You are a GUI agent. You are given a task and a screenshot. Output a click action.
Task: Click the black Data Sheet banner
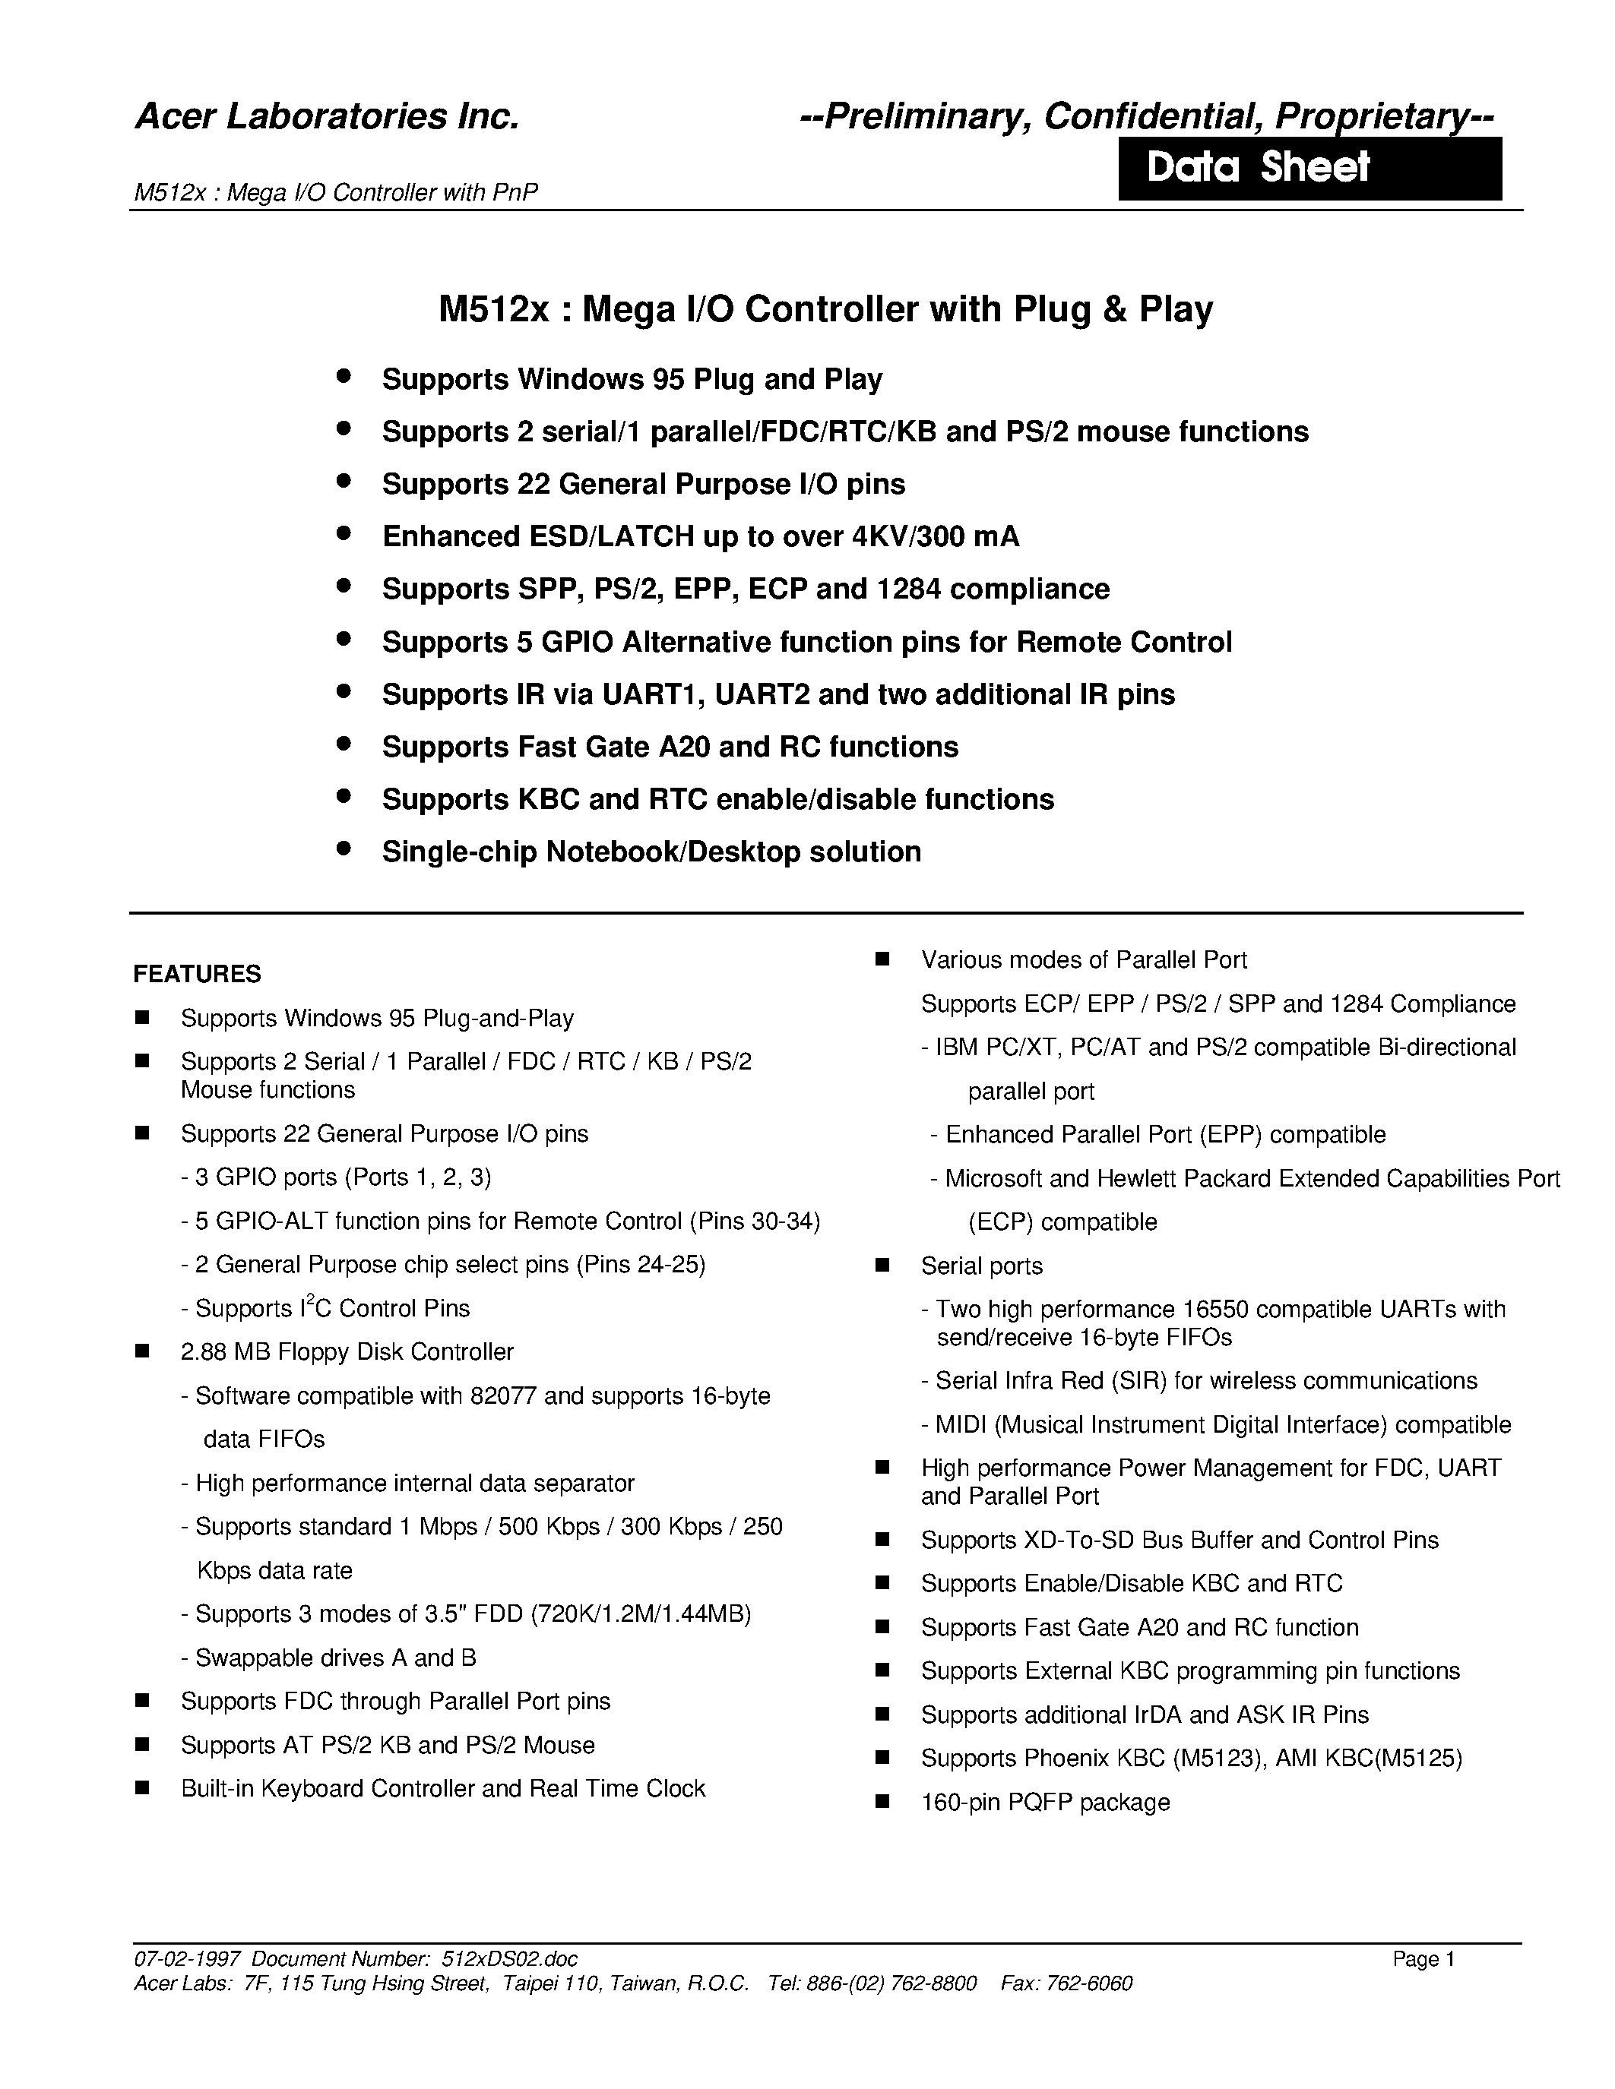pyautogui.click(x=1309, y=169)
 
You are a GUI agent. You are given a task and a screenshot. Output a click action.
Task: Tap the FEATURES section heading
pyautogui.click(x=197, y=974)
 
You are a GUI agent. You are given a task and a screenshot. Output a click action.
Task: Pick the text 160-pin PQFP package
pyautogui.click(x=1045, y=1802)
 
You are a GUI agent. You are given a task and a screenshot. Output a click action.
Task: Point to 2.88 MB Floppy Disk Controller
pyautogui.click(x=347, y=1351)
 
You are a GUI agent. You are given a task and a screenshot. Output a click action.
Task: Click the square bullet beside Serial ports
pyautogui.click(x=882, y=1266)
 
